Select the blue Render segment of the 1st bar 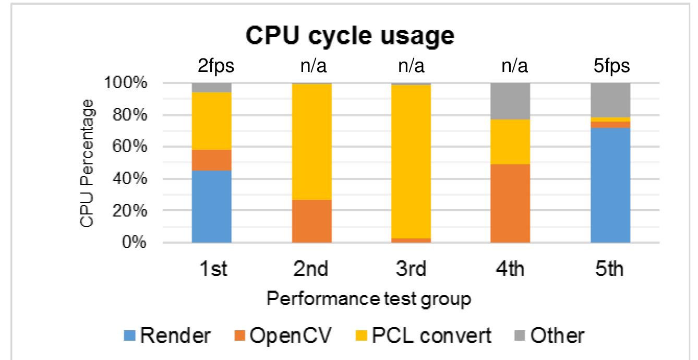(x=212, y=203)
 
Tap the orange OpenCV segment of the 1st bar (x=212, y=160)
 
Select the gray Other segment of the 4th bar (x=510, y=101)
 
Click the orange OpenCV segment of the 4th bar (x=510, y=203)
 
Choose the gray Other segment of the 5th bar (x=610, y=100)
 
